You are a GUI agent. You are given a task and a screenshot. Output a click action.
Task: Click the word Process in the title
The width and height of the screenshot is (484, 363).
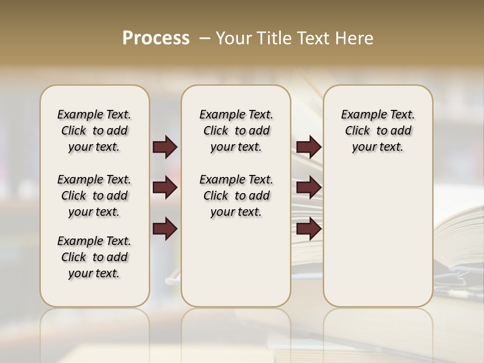156,38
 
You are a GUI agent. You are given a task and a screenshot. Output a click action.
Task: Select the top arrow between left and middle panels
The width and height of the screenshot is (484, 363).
165,147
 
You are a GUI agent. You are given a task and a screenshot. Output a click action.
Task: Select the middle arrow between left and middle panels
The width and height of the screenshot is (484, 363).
165,188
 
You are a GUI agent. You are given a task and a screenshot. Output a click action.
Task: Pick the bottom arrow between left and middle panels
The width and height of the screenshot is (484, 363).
165,229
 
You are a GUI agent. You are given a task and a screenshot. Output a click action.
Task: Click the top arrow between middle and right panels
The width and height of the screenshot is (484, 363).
309,147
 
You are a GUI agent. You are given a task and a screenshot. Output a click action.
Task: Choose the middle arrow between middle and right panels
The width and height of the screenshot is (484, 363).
309,188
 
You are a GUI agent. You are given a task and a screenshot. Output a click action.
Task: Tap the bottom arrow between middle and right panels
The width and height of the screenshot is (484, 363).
309,229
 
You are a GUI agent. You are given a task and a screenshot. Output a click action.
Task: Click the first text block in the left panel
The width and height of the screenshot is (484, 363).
94,131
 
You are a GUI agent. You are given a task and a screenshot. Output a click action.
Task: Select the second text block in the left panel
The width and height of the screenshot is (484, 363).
94,196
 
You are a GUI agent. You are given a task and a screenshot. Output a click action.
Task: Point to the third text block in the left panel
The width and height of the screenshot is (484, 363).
94,257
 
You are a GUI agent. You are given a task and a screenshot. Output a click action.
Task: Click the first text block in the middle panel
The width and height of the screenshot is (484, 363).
236,131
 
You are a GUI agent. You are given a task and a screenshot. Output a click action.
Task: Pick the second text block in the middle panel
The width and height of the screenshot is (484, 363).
236,196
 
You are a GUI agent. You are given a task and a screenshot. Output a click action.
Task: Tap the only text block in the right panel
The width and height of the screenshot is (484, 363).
378,131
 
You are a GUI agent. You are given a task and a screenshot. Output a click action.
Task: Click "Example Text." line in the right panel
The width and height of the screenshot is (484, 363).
378,114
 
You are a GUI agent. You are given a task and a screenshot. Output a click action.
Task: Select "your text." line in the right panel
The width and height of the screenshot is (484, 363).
378,147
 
